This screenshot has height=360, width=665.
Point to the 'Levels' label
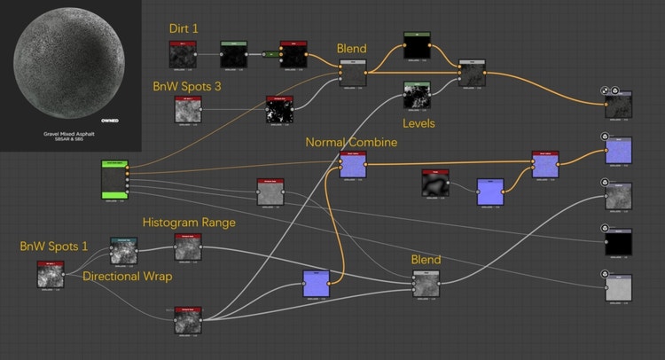coord(419,123)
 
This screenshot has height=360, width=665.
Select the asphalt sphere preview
coord(69,62)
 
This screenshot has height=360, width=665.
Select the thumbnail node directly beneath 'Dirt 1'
coord(183,55)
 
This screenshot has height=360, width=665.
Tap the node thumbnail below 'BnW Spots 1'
coord(51,276)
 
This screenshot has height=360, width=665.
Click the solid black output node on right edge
coord(618,241)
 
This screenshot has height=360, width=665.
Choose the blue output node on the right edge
coord(618,151)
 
